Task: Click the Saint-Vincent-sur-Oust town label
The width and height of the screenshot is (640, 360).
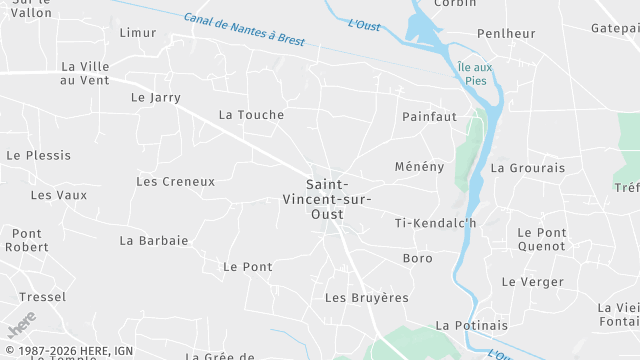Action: coord(341,199)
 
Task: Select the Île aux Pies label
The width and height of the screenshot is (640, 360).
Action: coord(474,72)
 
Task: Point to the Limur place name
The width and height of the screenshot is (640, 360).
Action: coord(138,33)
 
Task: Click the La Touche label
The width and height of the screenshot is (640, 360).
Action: coord(251,115)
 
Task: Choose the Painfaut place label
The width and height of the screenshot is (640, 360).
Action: coord(429,117)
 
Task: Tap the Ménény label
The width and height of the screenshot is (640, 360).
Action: coord(419,166)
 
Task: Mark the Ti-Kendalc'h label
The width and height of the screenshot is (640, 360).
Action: coord(436,223)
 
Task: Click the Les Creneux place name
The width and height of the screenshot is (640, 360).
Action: coord(175,182)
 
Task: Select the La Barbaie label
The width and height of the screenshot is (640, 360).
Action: coord(154,241)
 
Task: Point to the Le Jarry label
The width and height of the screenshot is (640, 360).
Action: coord(156,98)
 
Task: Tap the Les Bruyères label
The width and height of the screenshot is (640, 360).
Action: coord(367,298)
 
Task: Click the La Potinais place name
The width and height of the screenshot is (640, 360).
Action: coord(472,326)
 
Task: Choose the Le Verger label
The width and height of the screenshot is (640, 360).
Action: coord(533,282)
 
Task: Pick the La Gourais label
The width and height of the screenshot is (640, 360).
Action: coord(528,168)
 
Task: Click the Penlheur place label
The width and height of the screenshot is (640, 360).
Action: coord(506,34)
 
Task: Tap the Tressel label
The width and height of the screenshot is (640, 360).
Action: coord(43,297)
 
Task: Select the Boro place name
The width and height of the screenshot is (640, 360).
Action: coord(417,259)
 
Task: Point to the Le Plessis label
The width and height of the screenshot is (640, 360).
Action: coord(39,156)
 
